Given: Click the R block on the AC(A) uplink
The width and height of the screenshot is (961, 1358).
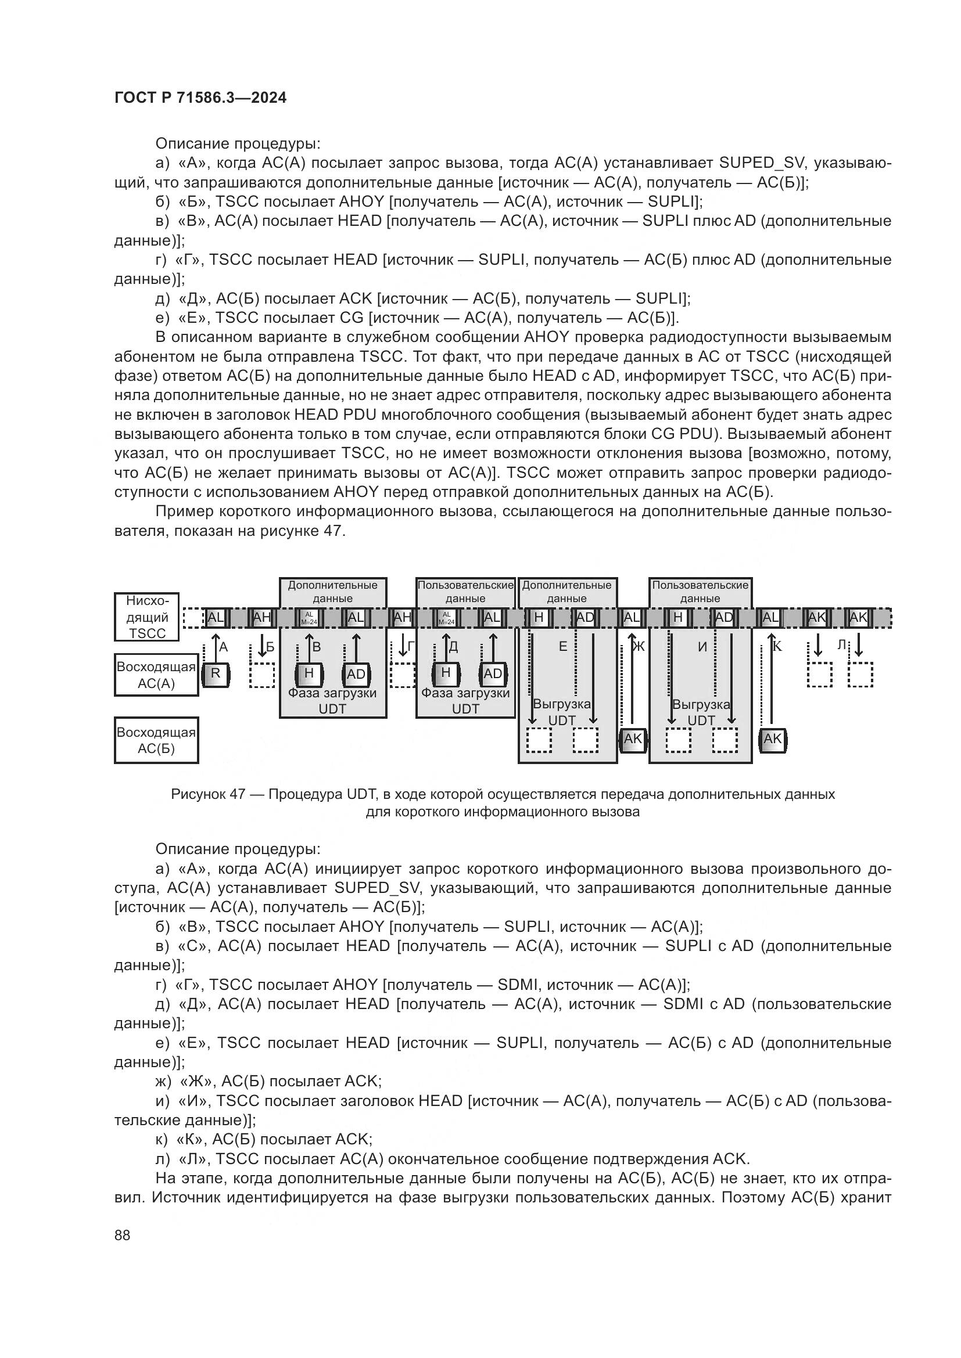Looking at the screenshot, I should click(x=216, y=674).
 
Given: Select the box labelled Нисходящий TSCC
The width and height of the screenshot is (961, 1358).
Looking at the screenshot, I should click(x=147, y=617).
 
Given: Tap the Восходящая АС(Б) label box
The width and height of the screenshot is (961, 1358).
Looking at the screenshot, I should click(x=156, y=740).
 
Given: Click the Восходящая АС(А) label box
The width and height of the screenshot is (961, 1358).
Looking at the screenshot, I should click(x=156, y=675).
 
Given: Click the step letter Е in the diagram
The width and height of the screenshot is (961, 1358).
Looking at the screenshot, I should click(x=563, y=647).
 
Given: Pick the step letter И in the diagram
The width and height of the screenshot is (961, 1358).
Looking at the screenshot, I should click(x=702, y=647).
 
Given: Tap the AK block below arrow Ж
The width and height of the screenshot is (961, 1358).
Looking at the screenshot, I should click(x=633, y=739).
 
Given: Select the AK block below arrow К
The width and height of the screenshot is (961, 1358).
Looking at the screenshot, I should click(x=772, y=739).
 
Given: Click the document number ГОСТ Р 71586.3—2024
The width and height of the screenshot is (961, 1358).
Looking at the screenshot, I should click(x=200, y=98).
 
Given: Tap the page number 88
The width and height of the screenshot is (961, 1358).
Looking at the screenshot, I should click(x=123, y=1235).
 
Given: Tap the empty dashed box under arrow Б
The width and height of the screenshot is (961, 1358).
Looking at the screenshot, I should click(x=262, y=675).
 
